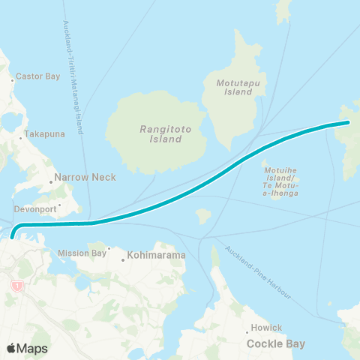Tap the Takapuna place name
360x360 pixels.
[42, 133]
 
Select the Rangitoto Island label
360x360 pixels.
[161, 134]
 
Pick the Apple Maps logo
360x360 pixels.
[27, 348]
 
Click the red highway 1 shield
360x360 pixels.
[15, 286]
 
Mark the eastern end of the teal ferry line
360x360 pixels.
[349, 121]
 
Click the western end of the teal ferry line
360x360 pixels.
[13, 238]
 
